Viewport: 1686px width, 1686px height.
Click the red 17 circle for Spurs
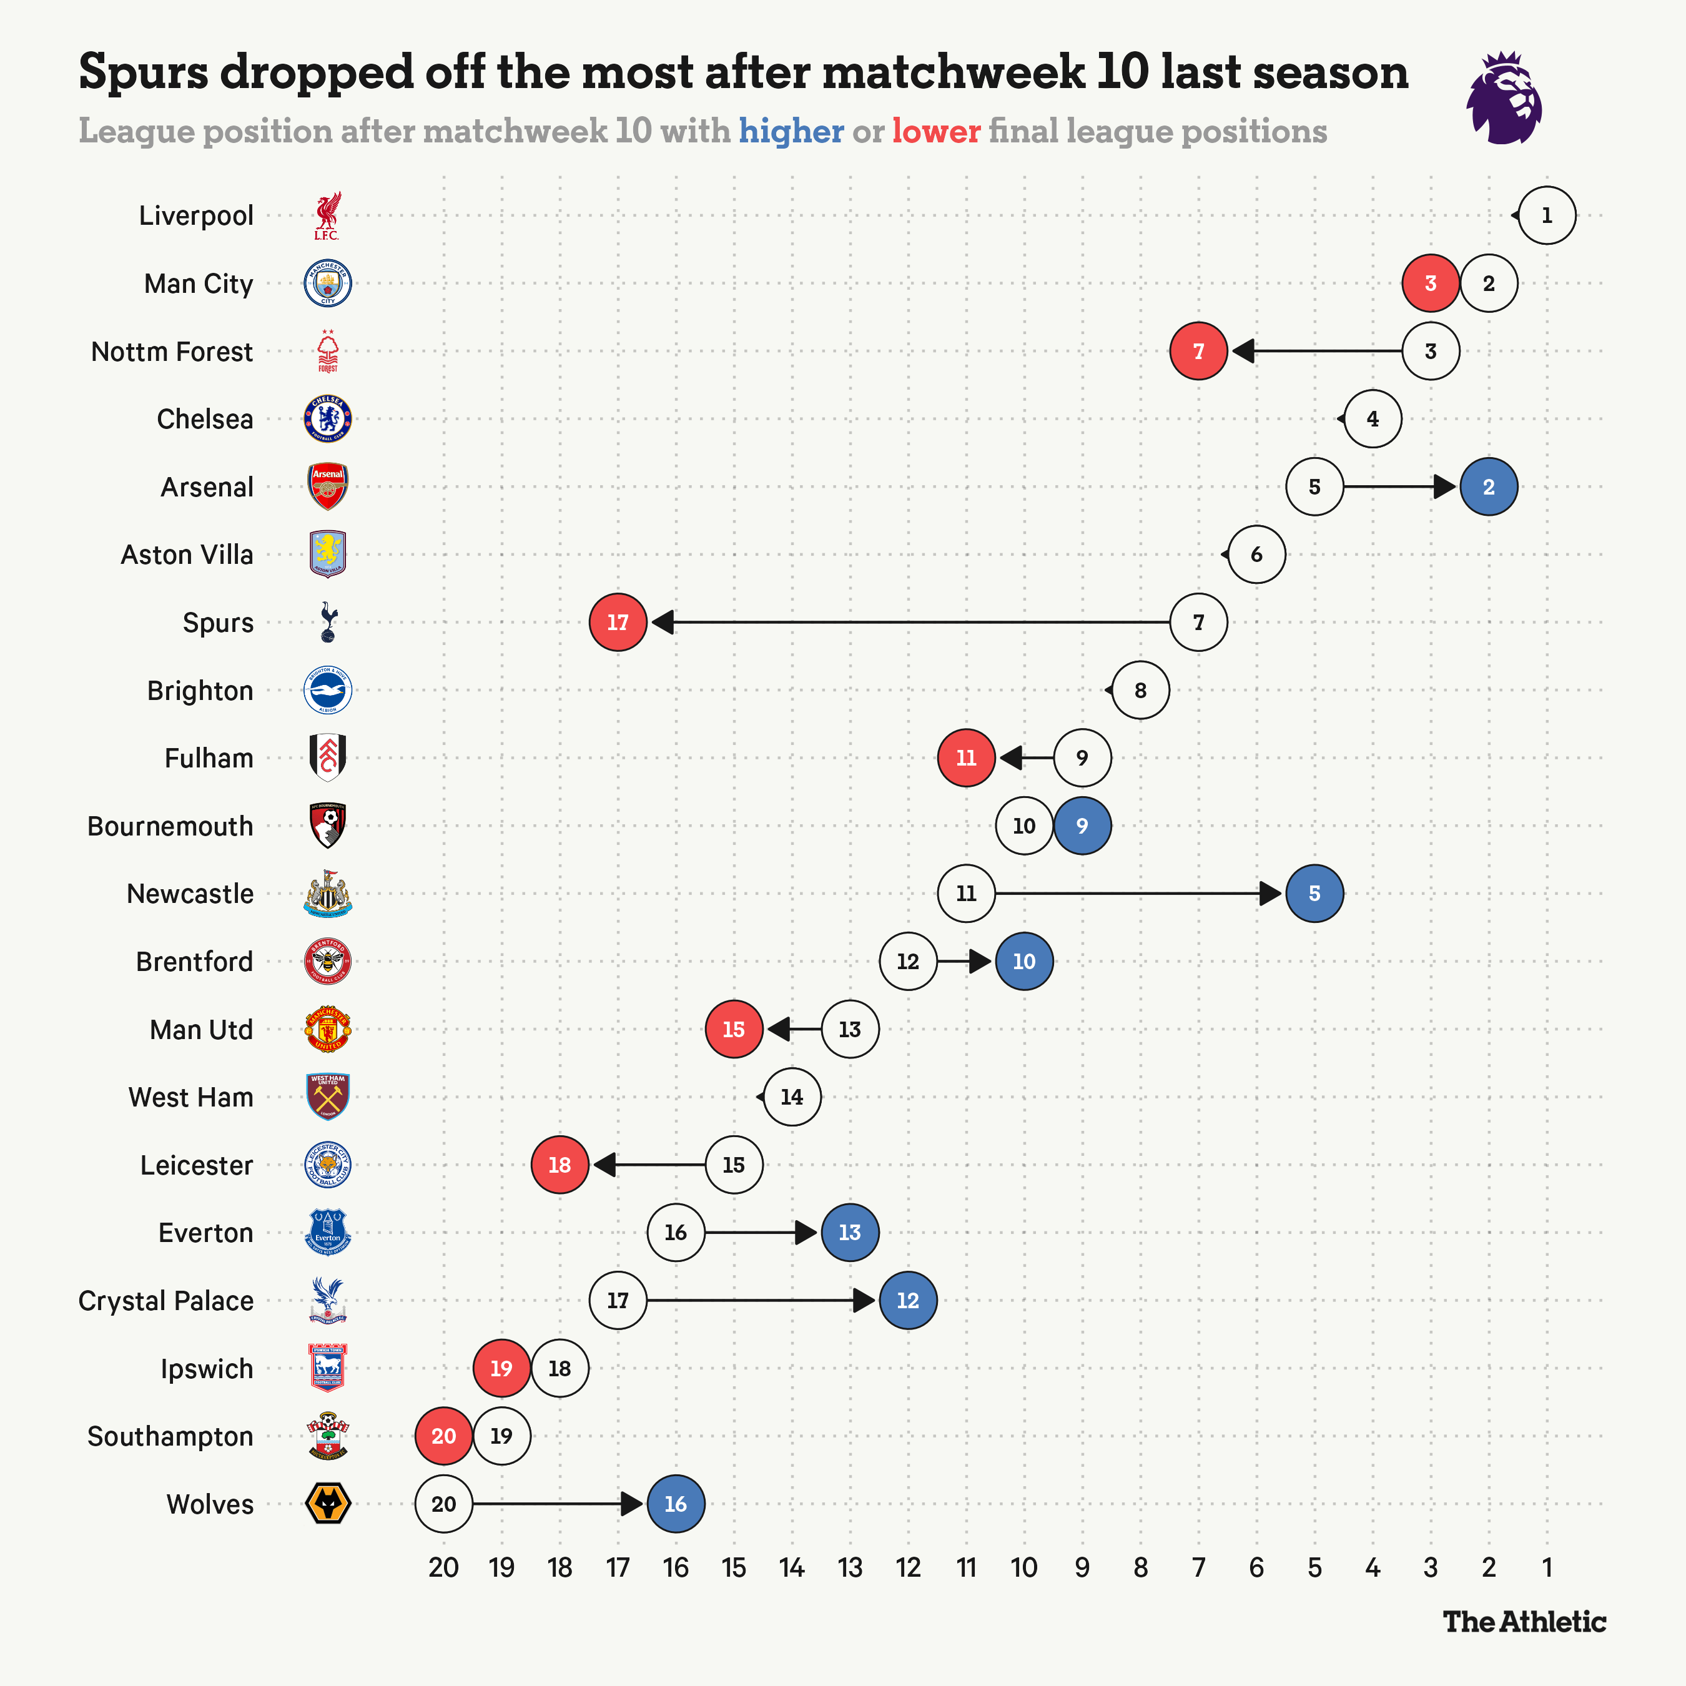point(618,622)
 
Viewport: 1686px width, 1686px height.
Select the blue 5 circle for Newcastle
point(1314,894)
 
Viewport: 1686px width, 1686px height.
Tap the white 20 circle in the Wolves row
point(443,1504)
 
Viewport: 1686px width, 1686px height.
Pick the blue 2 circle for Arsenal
point(1489,487)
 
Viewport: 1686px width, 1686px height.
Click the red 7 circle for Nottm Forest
point(1198,351)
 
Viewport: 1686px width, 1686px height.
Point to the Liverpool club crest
point(327,215)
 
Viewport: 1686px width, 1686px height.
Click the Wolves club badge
point(327,1504)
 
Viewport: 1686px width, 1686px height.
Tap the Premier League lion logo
point(1504,98)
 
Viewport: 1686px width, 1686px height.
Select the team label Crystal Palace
point(166,1300)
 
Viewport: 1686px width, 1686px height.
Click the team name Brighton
point(200,690)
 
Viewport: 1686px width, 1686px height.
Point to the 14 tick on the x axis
point(792,1568)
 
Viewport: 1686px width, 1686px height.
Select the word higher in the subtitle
point(791,131)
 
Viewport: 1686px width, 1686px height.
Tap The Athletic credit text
point(1524,1622)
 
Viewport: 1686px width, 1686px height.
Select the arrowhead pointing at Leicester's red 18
point(604,1165)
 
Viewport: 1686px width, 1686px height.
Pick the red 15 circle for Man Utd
point(734,1029)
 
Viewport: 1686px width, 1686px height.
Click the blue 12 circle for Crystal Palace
point(907,1300)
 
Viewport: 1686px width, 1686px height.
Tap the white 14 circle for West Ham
point(792,1097)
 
